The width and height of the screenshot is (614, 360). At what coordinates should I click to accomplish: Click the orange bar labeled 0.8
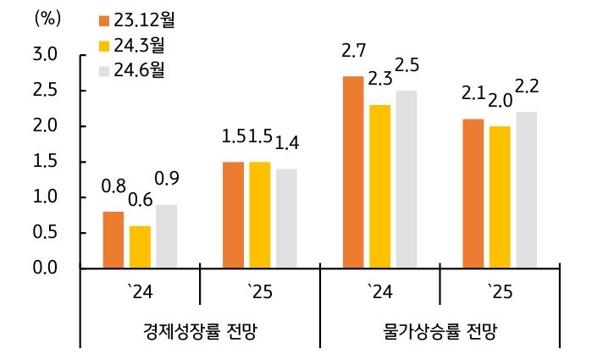113,240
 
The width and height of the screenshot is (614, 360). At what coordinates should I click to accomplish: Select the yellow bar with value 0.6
140,246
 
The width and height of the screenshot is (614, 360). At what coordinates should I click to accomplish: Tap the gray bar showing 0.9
167,236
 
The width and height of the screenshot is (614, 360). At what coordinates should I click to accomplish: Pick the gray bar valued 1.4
286,219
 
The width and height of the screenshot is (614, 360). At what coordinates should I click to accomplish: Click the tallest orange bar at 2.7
353,172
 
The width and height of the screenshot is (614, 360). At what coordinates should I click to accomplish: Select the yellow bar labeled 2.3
380,186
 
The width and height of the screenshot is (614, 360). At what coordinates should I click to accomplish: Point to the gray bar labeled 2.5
407,179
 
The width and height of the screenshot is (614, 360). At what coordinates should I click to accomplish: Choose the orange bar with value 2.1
473,193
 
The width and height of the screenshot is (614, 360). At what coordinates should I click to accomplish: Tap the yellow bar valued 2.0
500,197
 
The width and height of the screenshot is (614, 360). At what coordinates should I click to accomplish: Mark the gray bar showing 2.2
526,190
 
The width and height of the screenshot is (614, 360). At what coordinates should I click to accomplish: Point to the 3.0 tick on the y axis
45,55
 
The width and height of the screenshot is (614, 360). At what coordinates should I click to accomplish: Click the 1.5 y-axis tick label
45,162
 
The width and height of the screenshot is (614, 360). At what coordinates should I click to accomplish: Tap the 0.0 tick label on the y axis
45,269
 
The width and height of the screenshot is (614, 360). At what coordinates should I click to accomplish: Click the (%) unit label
47,19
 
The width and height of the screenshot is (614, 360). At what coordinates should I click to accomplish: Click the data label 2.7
352,53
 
